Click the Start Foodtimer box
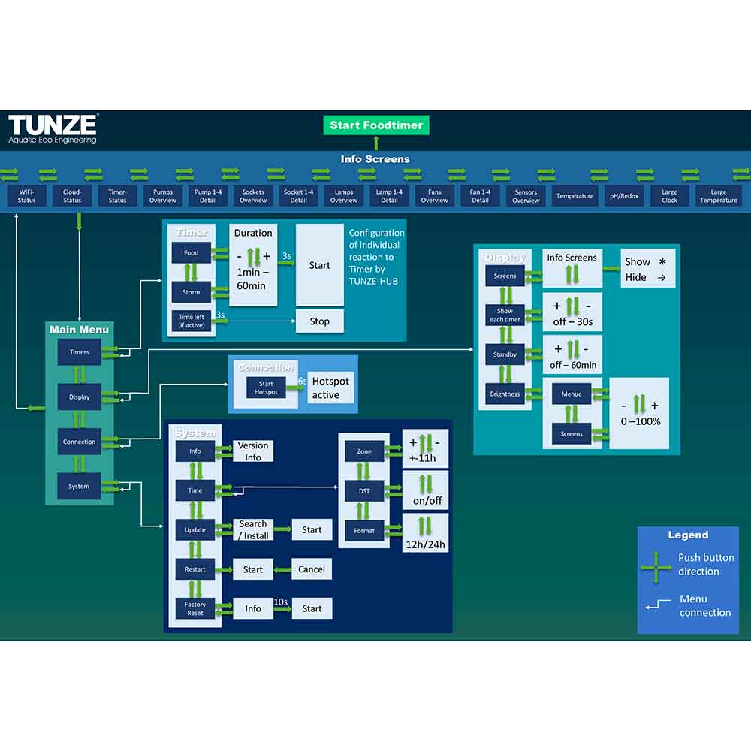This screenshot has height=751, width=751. [x=376, y=125]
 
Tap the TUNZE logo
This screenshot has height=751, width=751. [x=53, y=128]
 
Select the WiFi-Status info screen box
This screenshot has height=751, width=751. [x=26, y=196]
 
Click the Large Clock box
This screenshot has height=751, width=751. [x=669, y=196]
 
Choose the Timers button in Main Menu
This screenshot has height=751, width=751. [x=79, y=352]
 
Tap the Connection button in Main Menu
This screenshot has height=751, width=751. [x=79, y=442]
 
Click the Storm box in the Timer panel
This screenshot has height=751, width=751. [x=192, y=292]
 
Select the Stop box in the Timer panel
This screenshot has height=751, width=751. [x=319, y=321]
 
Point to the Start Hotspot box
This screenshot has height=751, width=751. [x=266, y=388]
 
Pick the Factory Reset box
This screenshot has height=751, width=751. [x=195, y=608]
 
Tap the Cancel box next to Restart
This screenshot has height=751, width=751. [x=312, y=569]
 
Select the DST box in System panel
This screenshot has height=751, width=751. [x=364, y=491]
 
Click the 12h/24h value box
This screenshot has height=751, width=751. [x=425, y=532]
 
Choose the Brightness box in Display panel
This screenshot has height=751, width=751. [x=505, y=394]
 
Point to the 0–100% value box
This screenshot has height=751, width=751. [x=638, y=413]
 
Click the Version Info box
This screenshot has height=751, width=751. [x=253, y=451]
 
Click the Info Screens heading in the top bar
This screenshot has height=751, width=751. [x=375, y=159]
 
